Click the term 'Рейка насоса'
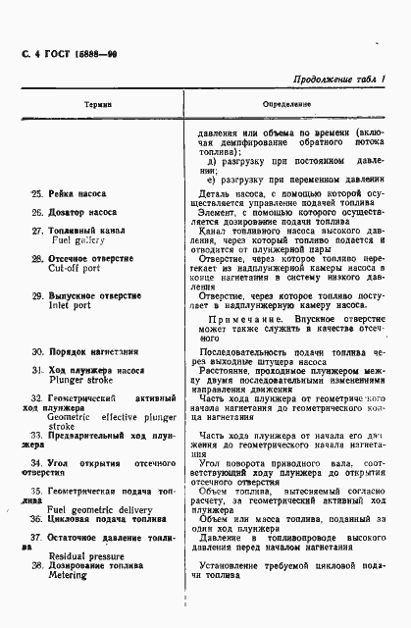(81, 194)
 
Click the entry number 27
(36, 231)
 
